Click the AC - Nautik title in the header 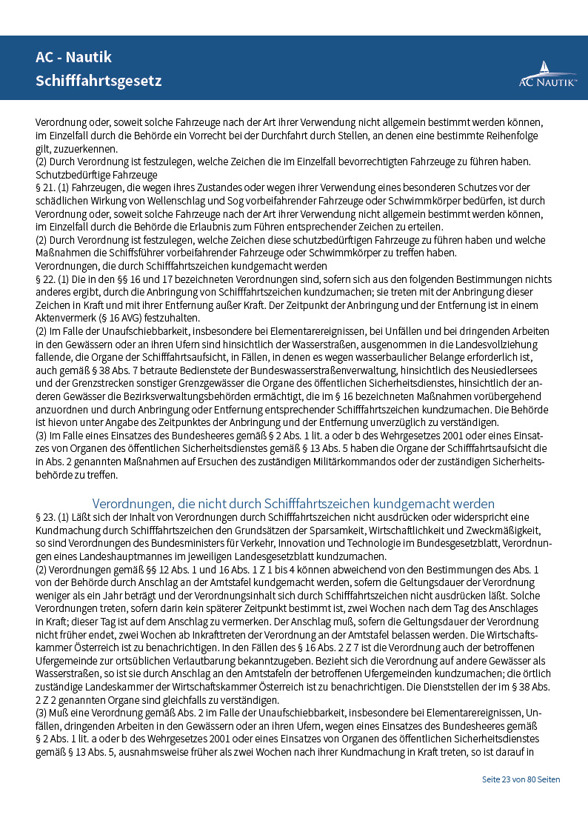(x=73, y=57)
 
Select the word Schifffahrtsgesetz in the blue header (x=98, y=81)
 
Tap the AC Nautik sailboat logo (x=547, y=74)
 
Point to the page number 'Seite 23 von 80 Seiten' (x=521, y=779)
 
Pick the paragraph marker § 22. (x=46, y=279)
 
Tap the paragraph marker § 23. (x=46, y=517)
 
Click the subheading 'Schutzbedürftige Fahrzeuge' (x=96, y=175)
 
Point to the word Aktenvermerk (x=67, y=318)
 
